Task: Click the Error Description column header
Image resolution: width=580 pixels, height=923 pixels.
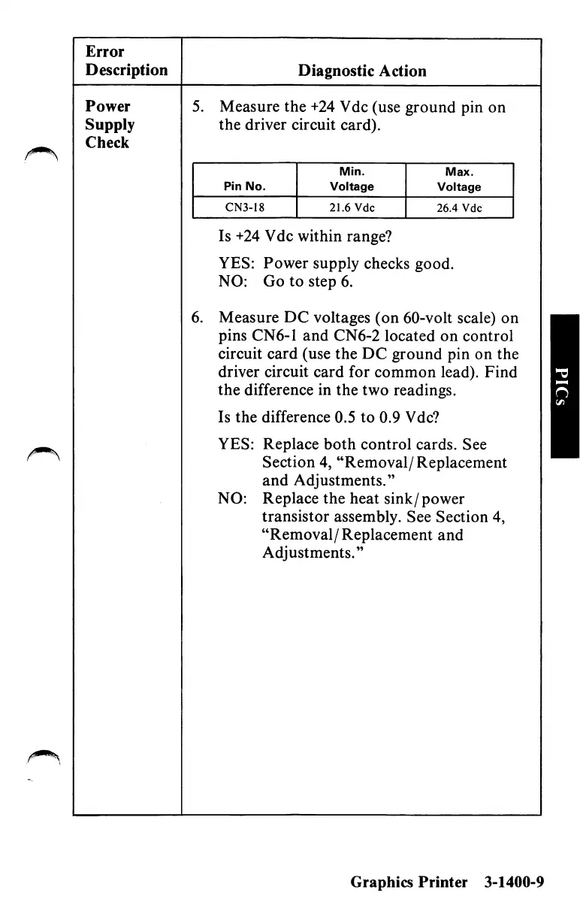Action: click(x=126, y=61)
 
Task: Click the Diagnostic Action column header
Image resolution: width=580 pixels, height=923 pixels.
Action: click(x=361, y=71)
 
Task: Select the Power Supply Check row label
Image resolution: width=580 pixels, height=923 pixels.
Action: click(x=110, y=125)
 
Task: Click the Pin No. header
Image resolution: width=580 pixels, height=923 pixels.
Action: click(x=245, y=187)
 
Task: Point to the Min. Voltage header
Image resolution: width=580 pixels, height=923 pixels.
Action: click(x=351, y=181)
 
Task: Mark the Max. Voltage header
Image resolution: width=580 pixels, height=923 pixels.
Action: click(x=458, y=181)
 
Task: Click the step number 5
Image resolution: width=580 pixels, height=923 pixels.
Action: click(x=197, y=107)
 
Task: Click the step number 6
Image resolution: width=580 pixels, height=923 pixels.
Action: click(x=197, y=318)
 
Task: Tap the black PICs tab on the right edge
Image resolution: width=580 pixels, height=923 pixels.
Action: click(x=564, y=386)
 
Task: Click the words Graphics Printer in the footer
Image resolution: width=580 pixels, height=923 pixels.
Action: click(x=408, y=882)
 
